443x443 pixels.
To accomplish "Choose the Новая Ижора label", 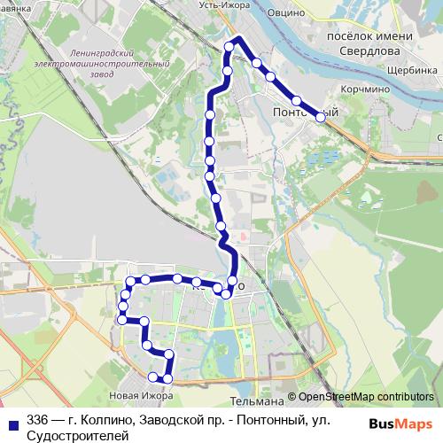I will pos(134,394).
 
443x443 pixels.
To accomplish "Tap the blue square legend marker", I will pos(12,422).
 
